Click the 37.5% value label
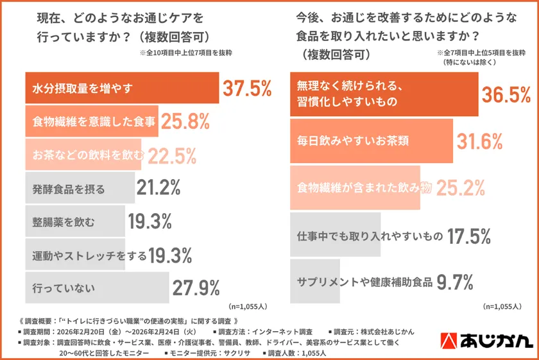pyautogui.click(x=247, y=89)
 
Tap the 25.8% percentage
pyautogui.click(x=185, y=122)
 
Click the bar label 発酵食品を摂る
pyautogui.click(x=68, y=189)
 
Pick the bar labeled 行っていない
pyautogui.click(x=96, y=287)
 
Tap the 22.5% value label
pyautogui.click(x=172, y=155)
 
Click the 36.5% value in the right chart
pyautogui.click(x=506, y=95)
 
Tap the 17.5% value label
pyautogui.click(x=469, y=236)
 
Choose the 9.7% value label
pyautogui.click(x=455, y=281)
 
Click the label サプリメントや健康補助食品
pyautogui.click(x=364, y=282)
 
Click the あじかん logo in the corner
pyautogui.click(x=488, y=341)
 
